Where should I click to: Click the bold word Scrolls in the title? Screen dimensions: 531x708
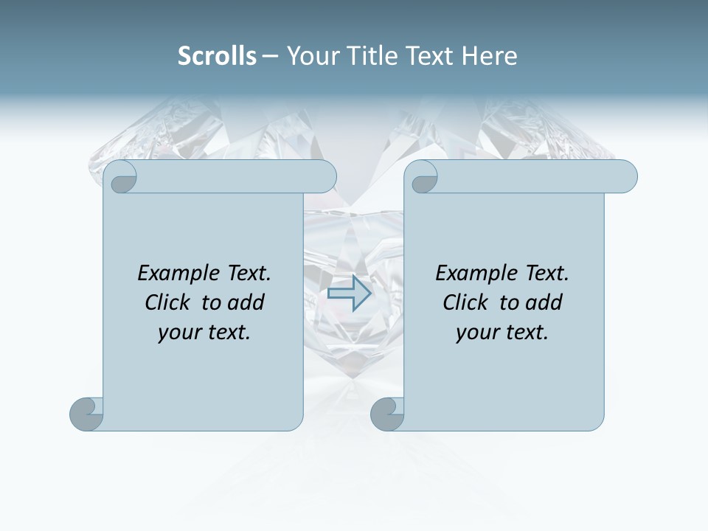(x=217, y=56)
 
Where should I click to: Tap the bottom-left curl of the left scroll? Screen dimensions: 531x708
(x=86, y=414)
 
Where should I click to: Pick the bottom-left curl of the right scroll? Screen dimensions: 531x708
(x=386, y=414)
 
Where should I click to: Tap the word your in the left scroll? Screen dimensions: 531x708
(x=178, y=333)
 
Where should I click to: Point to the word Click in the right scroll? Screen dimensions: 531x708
(x=466, y=302)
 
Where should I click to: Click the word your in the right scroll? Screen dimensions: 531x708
(x=476, y=333)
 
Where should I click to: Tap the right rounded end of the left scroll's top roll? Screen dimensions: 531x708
(x=325, y=177)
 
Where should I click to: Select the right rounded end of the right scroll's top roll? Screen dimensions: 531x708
(x=626, y=177)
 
